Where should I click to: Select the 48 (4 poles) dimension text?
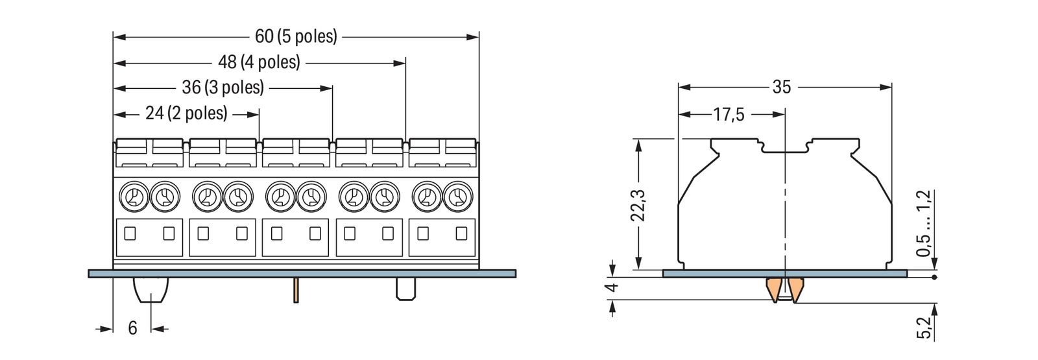pos(259,62)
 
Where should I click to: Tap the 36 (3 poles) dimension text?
pos(223,88)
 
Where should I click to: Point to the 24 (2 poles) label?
pos(186,114)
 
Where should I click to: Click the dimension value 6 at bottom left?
pos(132,328)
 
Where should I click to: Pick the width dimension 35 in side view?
pos(782,87)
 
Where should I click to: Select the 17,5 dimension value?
pos(729,115)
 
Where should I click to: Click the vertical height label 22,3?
pos(639,205)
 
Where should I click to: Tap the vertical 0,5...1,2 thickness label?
pos(924,223)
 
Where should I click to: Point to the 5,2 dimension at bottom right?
pos(924,328)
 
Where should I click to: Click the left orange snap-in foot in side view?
pos(774,289)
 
